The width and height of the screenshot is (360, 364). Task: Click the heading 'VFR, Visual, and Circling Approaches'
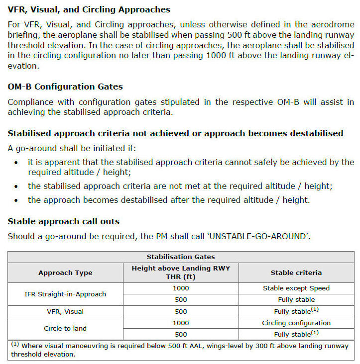89,9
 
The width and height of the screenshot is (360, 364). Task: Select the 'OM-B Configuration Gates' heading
65,87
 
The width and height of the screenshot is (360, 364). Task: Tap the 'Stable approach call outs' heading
63,221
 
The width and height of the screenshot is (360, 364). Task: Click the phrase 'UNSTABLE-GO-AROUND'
259,236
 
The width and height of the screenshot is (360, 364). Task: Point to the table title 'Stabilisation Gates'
181,257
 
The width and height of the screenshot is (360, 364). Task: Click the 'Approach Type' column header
65,273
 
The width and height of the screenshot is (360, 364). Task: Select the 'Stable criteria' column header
296,273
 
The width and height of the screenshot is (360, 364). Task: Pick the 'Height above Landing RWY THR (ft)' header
181,273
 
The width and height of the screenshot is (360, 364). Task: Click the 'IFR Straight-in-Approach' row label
65,294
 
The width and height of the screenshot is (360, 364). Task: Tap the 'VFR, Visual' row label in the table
65,311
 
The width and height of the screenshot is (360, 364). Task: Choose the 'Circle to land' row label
65,329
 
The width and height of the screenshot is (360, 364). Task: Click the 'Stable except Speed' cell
296,288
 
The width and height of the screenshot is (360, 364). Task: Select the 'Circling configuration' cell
296,323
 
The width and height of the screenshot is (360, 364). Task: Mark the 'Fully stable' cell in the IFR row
296,300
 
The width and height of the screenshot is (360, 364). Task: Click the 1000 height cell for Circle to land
181,323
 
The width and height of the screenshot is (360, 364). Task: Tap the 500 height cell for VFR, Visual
181,311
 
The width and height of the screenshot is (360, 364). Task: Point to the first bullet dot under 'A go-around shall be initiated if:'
17,163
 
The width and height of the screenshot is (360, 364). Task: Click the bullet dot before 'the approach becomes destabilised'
17,200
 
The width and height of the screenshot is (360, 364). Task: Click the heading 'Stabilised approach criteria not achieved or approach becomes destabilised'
175,133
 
